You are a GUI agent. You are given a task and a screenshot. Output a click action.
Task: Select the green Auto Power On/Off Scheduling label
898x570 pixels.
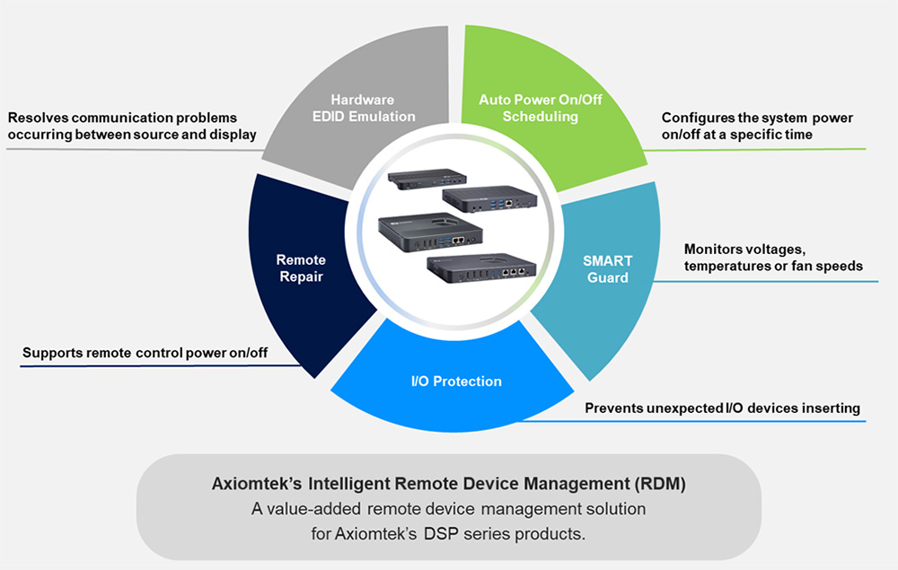540,108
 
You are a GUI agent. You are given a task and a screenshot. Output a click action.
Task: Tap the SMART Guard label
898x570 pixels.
609,269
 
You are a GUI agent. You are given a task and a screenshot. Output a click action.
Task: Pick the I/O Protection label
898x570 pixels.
451,381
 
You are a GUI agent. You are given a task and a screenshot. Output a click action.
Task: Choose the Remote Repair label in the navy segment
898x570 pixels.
299,268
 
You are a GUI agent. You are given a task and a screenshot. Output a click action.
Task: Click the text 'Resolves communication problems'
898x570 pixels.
122,118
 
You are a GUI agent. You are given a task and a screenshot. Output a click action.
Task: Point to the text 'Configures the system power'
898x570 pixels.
757,118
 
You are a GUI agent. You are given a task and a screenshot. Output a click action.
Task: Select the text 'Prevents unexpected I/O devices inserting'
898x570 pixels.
722,408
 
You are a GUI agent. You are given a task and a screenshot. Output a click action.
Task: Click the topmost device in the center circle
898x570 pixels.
418,179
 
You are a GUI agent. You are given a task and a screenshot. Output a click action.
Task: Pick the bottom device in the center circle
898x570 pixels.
482,267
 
